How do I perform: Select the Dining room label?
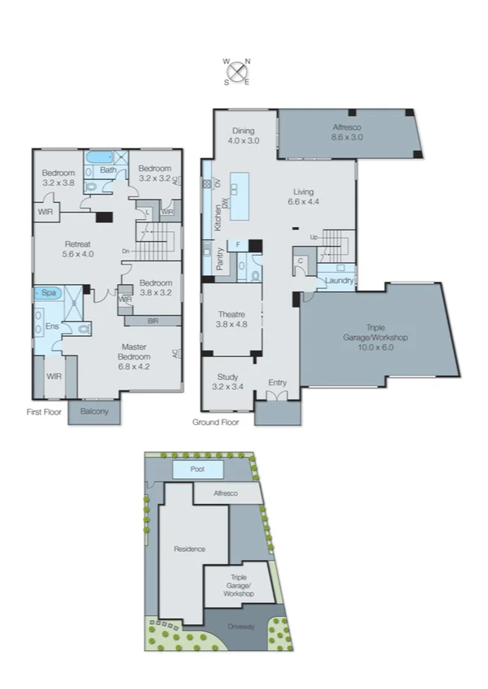pyautogui.click(x=243, y=136)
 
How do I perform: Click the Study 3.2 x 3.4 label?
pyautogui.click(x=227, y=381)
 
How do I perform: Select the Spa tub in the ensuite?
pyautogui.click(x=48, y=293)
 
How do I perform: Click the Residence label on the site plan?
pyautogui.click(x=189, y=549)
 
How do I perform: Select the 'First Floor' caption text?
pyautogui.click(x=44, y=411)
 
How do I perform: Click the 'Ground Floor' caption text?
pyautogui.click(x=214, y=423)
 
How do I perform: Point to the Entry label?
pyautogui.click(x=277, y=382)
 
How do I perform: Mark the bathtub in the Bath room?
pyautogui.click(x=102, y=157)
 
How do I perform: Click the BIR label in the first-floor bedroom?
pyautogui.click(x=153, y=321)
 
